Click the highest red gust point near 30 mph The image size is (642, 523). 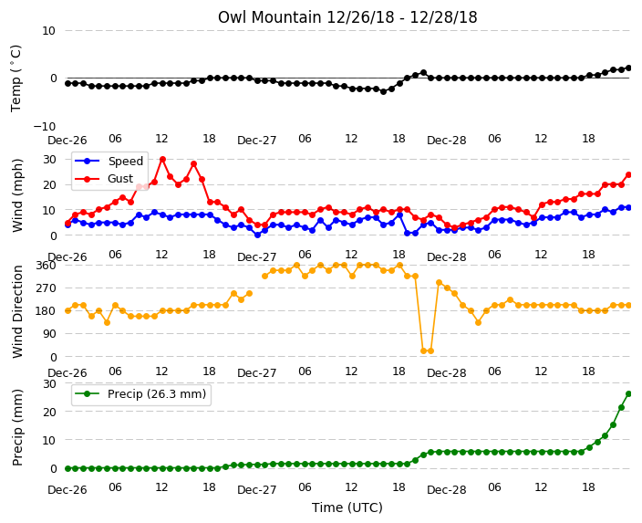coord(162,159)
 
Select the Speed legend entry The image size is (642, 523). coord(109,161)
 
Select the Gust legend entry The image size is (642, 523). coord(104,179)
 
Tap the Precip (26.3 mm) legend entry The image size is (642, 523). coord(140,394)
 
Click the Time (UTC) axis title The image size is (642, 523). coord(347,507)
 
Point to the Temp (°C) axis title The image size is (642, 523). coord(16,78)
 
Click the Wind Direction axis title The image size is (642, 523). coord(17,311)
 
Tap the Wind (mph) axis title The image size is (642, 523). coord(17,195)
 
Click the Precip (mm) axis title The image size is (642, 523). coord(17,427)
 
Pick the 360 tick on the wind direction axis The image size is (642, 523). coord(46,266)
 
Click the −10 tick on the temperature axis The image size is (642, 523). coord(44,126)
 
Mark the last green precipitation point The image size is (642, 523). coord(629,394)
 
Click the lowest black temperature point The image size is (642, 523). coord(383,91)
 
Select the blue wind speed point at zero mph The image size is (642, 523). coord(257,235)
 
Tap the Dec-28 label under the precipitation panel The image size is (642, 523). coord(446,490)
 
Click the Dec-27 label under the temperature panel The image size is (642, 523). coord(257,141)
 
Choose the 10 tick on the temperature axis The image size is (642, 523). coord(48,30)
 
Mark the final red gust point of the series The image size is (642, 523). coord(629,175)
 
